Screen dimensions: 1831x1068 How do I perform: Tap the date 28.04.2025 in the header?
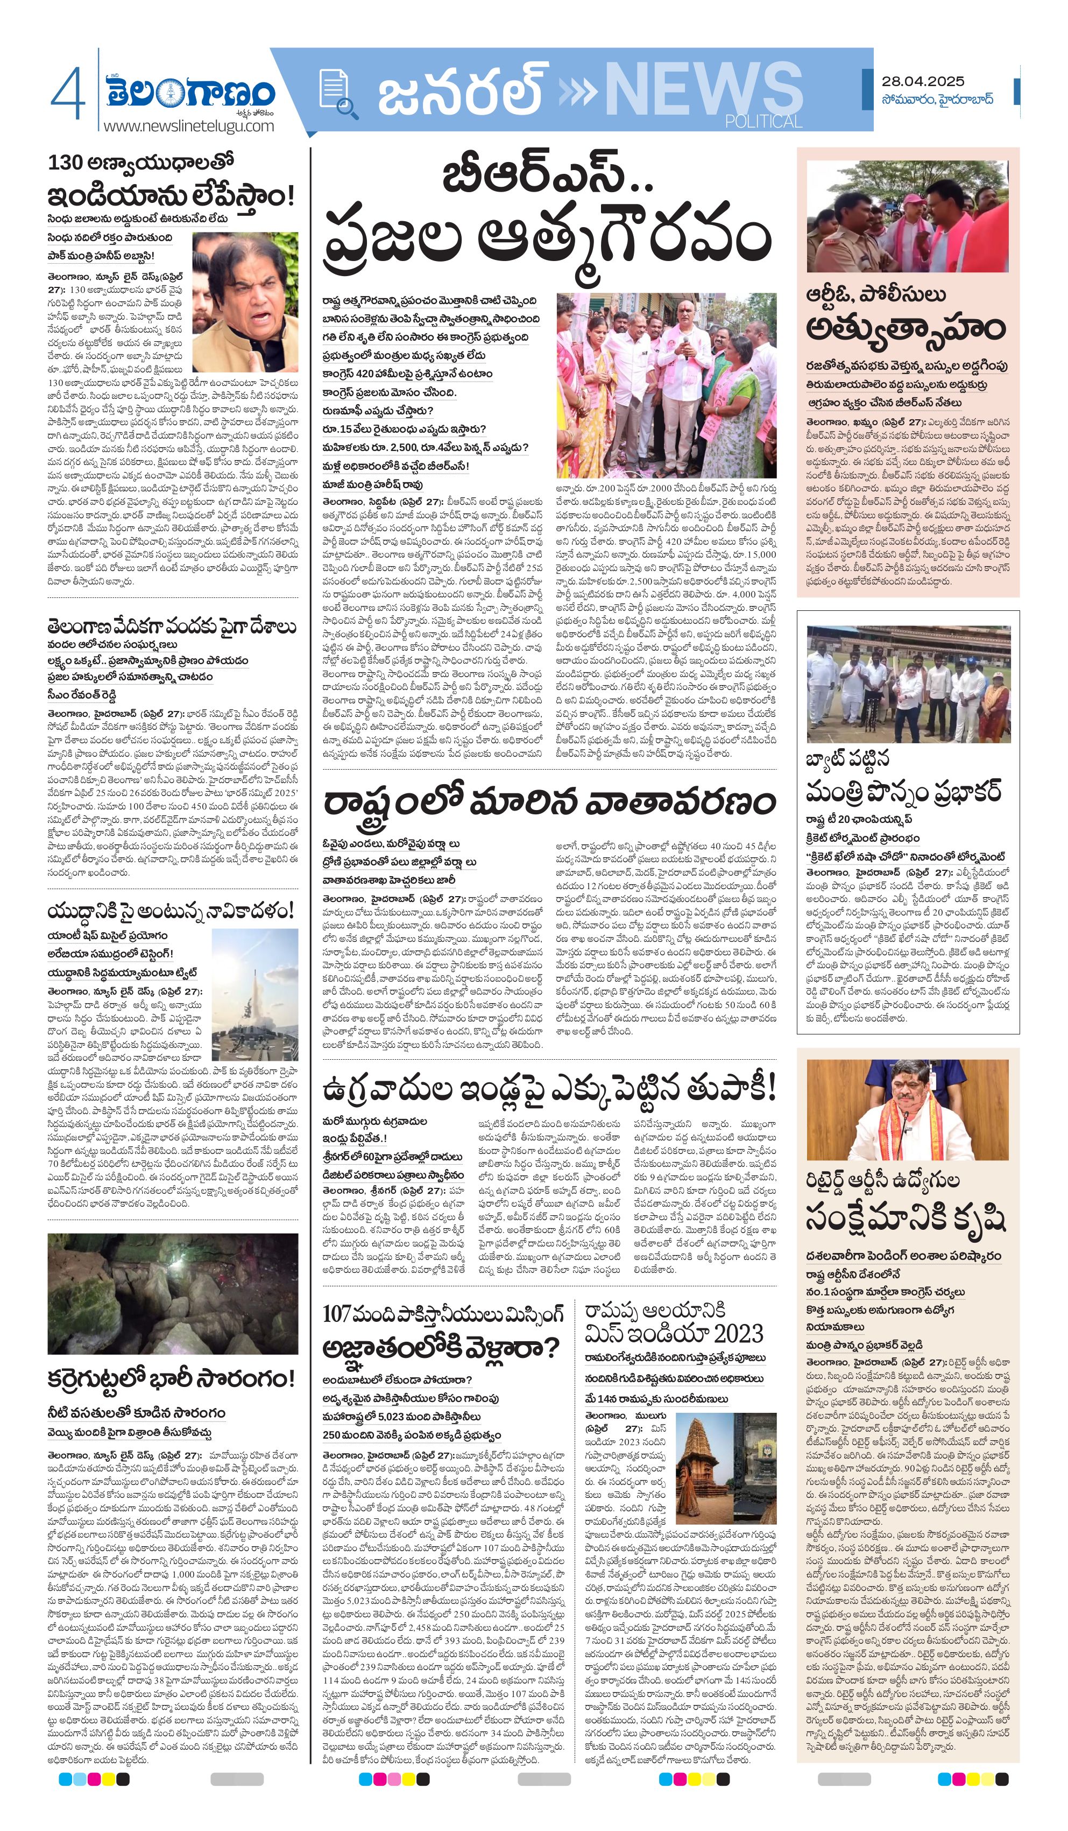tap(923, 81)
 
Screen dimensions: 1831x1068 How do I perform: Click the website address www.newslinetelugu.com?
tap(188, 126)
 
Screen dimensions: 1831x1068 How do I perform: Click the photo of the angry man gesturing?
tap(245, 301)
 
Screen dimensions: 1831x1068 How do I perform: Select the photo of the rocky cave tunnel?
tap(173, 1293)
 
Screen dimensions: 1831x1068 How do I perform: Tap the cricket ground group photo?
tap(908, 685)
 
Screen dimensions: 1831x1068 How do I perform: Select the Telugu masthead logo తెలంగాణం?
tap(190, 93)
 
